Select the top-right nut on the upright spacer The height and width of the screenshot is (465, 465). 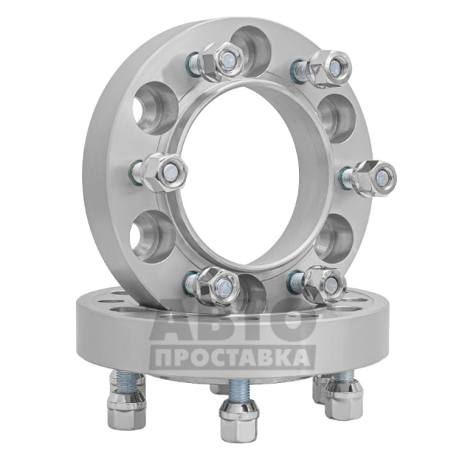coord(330,67)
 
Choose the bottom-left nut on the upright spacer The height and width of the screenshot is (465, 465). coord(219,286)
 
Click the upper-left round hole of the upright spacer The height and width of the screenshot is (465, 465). coord(156,108)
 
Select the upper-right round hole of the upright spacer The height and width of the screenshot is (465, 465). coord(337,118)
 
